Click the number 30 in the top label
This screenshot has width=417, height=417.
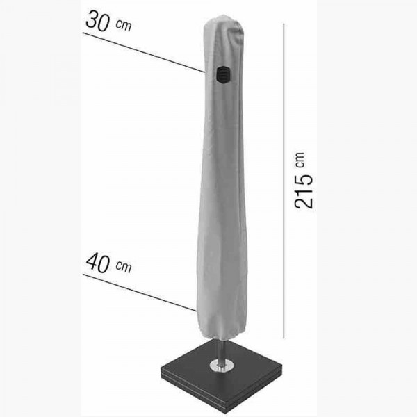tap(97, 22)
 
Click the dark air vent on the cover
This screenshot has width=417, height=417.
tap(222, 74)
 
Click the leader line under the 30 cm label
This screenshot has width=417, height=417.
tap(139, 50)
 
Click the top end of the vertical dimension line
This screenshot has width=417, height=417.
tap(285, 23)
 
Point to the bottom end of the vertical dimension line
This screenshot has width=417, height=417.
tap(285, 338)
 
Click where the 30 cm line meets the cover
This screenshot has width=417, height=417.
tap(204, 71)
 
